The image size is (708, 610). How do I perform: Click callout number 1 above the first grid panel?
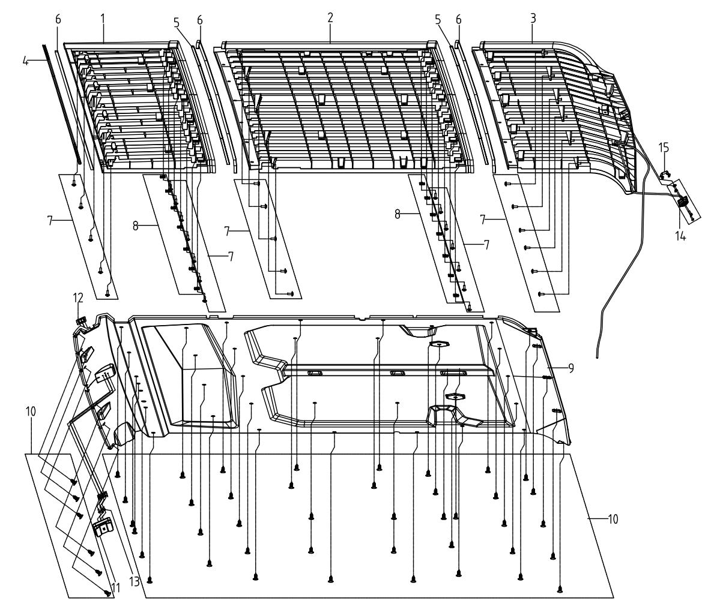point(103,19)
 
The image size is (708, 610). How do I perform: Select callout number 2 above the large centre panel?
point(330,18)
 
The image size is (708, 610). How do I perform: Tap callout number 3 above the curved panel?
point(533,19)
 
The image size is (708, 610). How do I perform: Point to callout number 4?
point(26,61)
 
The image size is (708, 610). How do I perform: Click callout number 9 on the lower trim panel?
point(571,368)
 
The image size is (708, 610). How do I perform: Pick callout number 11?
point(115,587)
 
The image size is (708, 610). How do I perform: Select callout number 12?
point(78,298)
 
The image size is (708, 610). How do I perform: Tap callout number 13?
point(134,582)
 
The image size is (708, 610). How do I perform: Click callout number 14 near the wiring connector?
point(680,235)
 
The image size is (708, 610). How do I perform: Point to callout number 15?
point(664,148)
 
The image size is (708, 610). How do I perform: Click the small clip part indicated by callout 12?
point(81,320)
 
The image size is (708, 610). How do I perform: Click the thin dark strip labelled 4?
point(62,103)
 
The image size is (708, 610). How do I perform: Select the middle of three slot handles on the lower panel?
point(398,373)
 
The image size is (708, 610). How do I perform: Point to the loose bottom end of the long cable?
point(598,357)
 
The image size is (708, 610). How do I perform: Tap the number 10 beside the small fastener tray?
point(31,411)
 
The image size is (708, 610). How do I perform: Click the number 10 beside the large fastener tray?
point(613,519)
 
